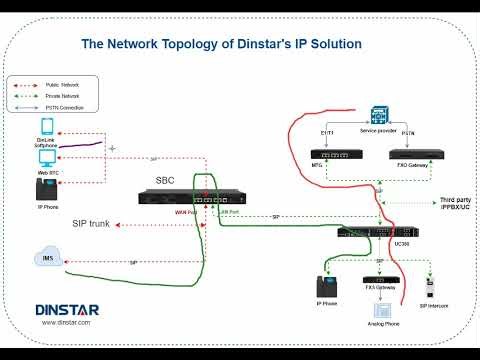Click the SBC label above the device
click(165, 180)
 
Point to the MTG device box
click(330, 155)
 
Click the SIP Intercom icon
click(431, 286)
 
